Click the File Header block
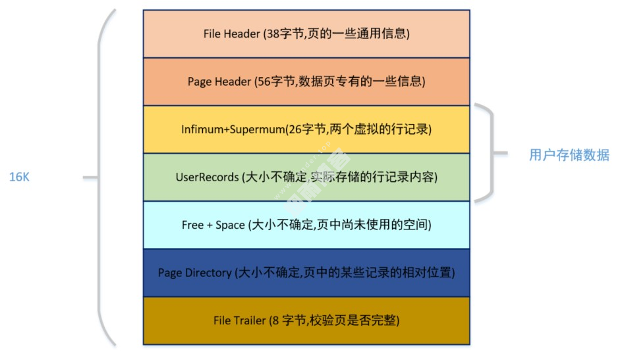coord(306,34)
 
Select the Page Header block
coord(306,82)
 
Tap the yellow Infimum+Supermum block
coord(306,129)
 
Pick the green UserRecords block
coord(306,177)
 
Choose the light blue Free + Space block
coord(306,225)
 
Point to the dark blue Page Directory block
coord(306,272)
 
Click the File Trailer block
coord(306,320)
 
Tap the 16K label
coord(21,177)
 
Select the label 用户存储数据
coord(569,156)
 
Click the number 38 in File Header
coord(271,34)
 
